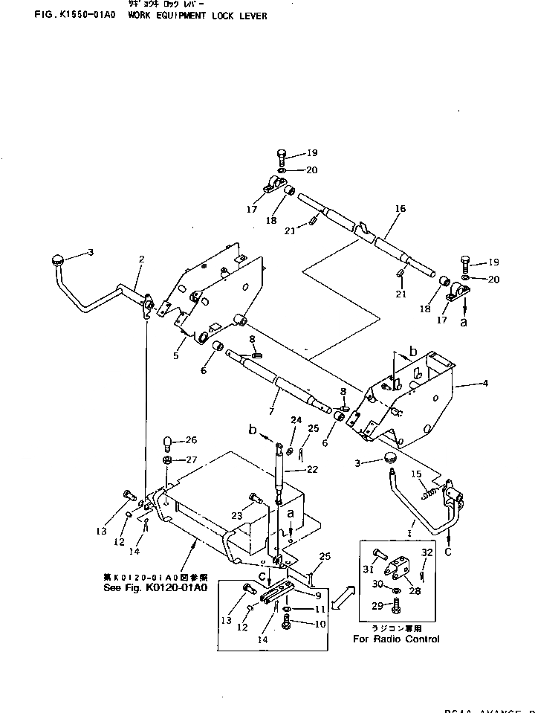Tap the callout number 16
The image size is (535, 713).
tap(401, 210)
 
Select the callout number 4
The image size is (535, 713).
tap(484, 384)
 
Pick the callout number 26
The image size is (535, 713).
tap(191, 439)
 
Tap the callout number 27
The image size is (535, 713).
tap(191, 459)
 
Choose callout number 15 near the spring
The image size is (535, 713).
tap(417, 474)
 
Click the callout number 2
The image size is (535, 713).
tap(141, 259)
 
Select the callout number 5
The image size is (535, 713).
tap(176, 356)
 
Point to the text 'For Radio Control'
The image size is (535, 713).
tap(395, 639)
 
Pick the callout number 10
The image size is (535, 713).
tap(320, 625)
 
